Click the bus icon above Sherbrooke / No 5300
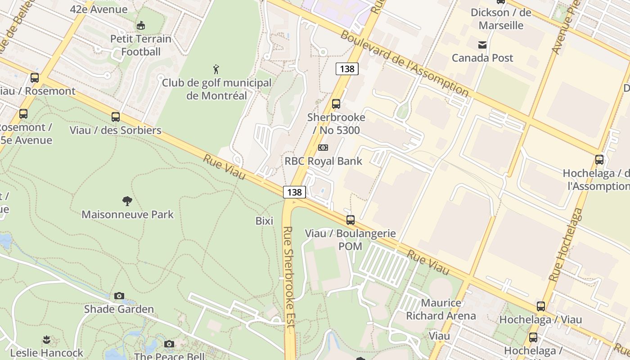336,104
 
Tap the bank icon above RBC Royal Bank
323,148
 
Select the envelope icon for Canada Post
482,45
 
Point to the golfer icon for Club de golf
216,70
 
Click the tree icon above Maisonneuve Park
127,201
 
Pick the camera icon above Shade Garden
119,296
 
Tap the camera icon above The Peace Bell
169,344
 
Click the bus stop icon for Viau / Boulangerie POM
351,220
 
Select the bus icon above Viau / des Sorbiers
116,117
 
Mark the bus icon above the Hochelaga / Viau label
541,306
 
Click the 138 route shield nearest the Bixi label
295,192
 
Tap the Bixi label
264,221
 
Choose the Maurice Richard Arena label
441,309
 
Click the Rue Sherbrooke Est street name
288,279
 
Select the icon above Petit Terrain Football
141,25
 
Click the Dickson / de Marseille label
501,18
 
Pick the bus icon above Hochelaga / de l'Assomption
599,160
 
